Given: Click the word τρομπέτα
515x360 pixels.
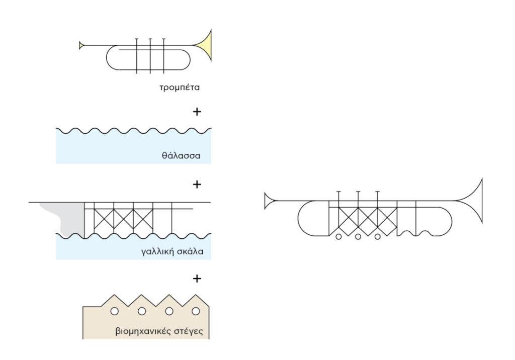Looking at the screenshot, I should point(179,87).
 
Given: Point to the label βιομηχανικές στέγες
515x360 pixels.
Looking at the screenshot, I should point(160,332).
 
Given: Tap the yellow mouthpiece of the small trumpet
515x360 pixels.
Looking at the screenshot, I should point(81,46).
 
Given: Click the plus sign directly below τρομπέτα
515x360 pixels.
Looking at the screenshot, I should point(197,111).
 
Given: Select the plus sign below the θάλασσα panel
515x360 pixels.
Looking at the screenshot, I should point(197,184).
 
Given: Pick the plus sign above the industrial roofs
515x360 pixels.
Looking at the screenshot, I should point(197,278).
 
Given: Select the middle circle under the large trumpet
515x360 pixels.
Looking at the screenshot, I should point(358,236).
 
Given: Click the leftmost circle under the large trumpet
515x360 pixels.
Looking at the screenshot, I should point(338,236).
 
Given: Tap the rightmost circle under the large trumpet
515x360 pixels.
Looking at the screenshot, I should point(377,236).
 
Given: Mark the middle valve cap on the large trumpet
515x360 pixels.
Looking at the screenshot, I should point(358,192).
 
